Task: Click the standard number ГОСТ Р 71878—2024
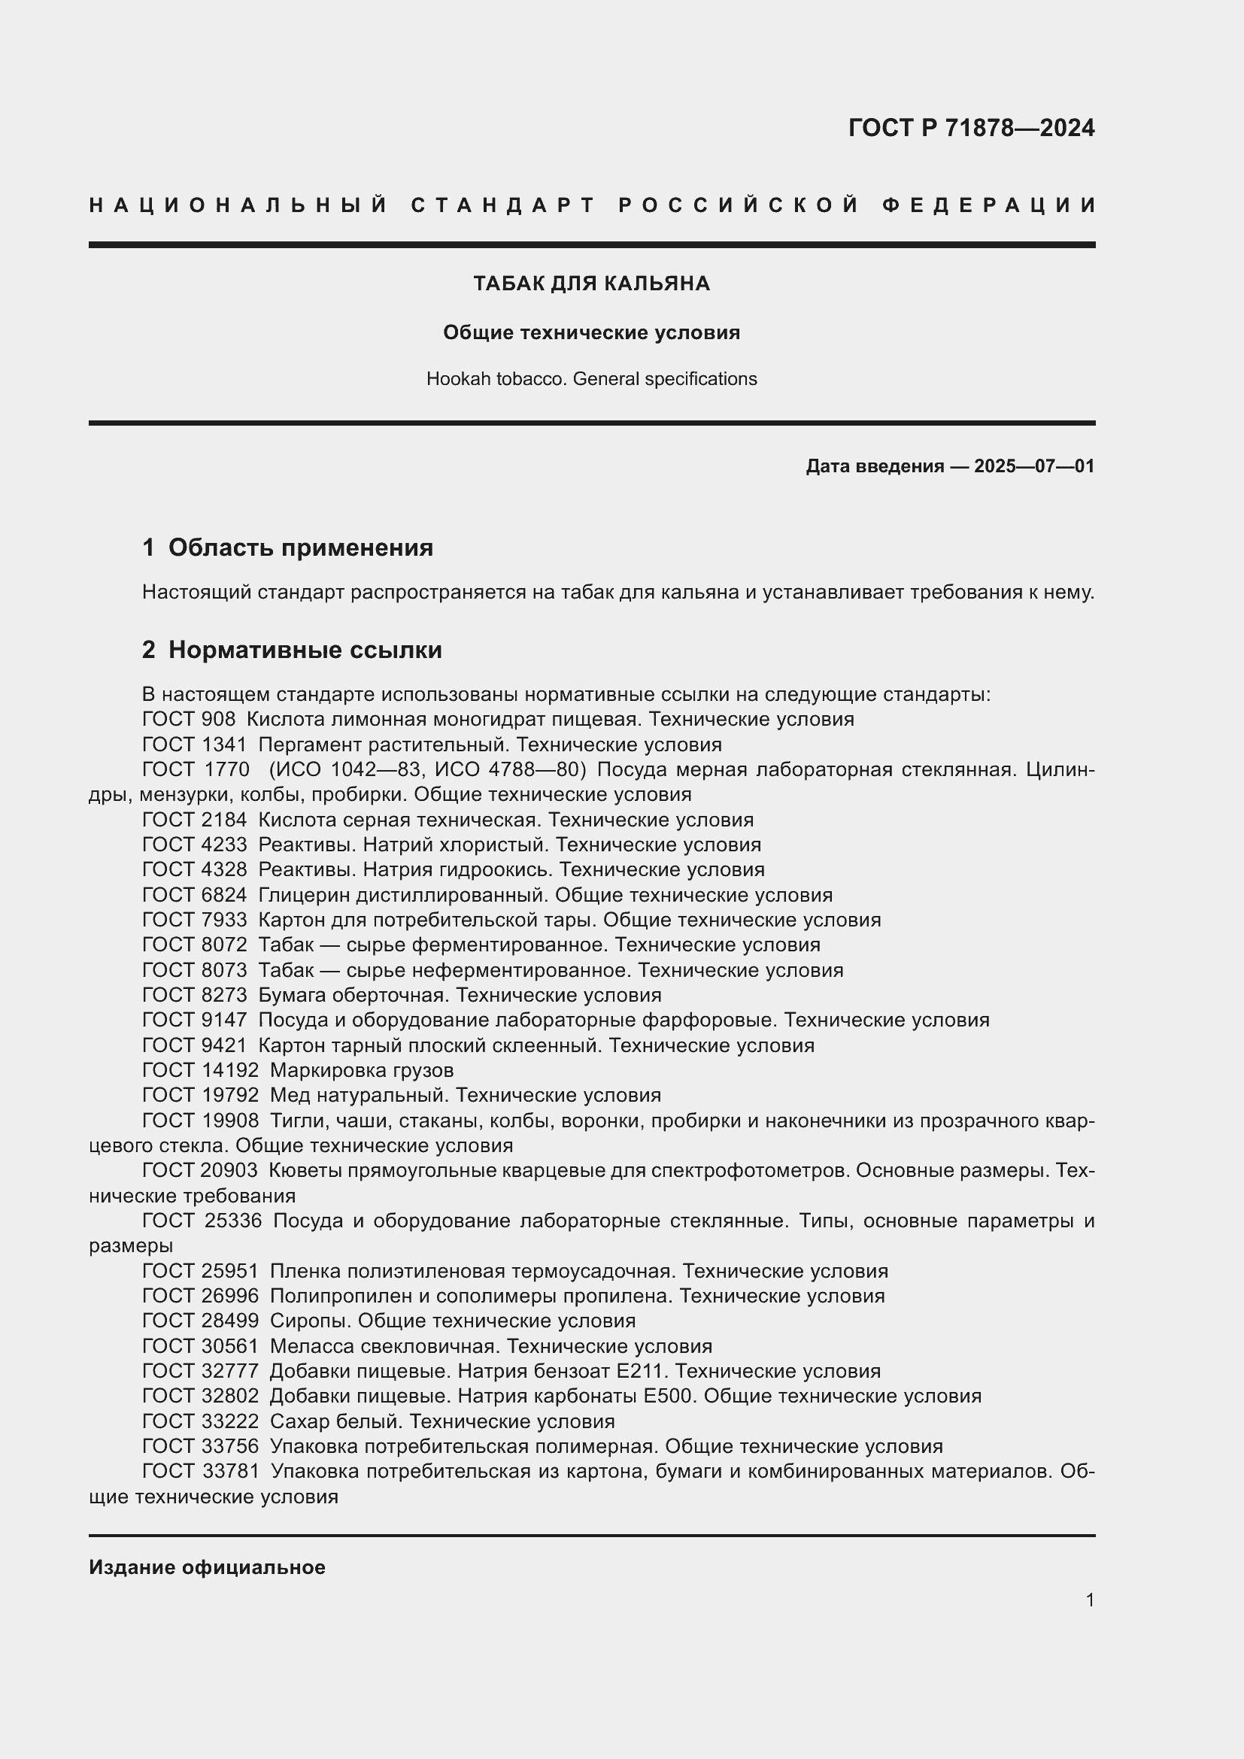click(x=971, y=128)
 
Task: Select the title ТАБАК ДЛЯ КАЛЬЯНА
click(x=591, y=284)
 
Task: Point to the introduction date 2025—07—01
click(x=1034, y=466)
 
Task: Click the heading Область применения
click(x=300, y=547)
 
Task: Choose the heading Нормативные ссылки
click(x=305, y=651)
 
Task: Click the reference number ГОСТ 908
click(x=189, y=720)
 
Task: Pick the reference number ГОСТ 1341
click(x=195, y=745)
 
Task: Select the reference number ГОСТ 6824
click(x=195, y=895)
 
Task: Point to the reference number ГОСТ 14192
click(x=200, y=1070)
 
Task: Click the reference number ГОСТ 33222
click(x=200, y=1421)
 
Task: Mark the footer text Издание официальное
click(x=207, y=1567)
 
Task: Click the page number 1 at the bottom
click(x=1090, y=1600)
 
